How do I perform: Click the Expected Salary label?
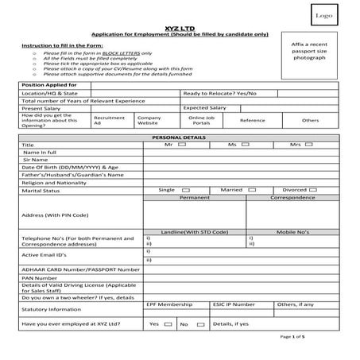pyautogui.click(x=205, y=107)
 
